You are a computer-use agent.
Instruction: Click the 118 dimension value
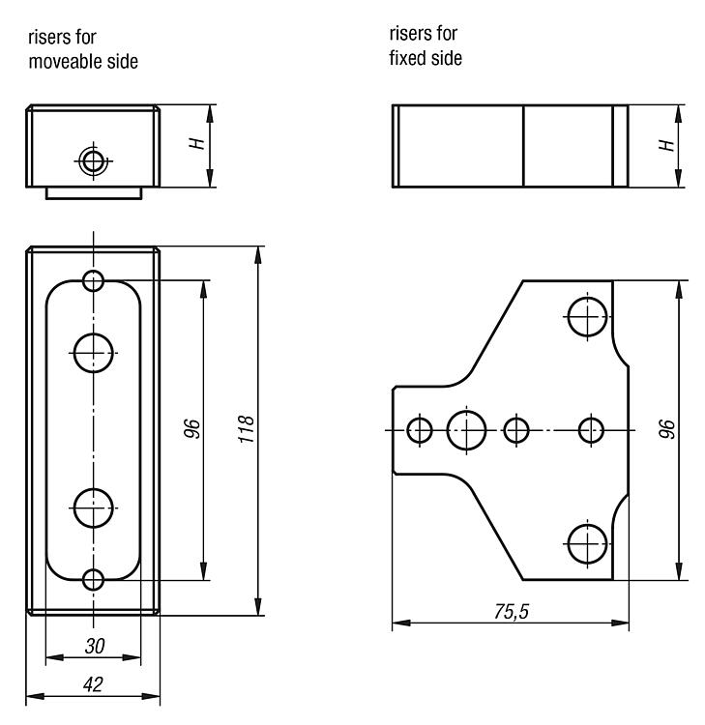click(246, 429)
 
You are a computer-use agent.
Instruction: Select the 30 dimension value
click(95, 646)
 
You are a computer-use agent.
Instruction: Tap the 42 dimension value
click(93, 684)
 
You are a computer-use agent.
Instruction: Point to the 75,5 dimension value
click(511, 612)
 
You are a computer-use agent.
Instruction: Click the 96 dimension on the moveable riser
click(191, 428)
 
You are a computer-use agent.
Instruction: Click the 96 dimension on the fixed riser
click(666, 429)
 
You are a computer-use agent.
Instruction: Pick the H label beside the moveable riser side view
click(197, 143)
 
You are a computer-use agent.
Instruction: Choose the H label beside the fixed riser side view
click(666, 145)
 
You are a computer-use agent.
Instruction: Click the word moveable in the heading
click(64, 62)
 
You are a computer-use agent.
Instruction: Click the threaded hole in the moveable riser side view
click(94, 160)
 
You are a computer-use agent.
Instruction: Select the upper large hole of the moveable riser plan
click(94, 353)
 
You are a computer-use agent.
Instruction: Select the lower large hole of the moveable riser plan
click(94, 507)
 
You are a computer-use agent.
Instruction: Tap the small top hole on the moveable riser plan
click(94, 280)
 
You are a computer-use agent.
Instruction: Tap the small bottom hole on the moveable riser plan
click(94, 580)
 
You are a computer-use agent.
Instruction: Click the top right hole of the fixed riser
click(587, 317)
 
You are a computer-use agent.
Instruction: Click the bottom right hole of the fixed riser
click(587, 543)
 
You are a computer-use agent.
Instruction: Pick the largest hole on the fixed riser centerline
click(466, 430)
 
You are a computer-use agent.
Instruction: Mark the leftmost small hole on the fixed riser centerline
click(420, 430)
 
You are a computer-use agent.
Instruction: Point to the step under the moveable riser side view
click(94, 193)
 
